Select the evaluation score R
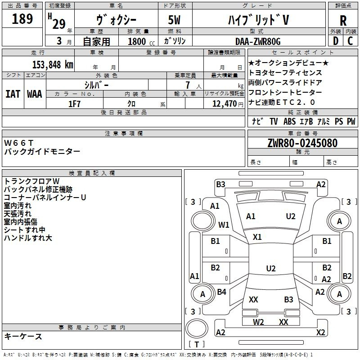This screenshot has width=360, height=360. coord(343,20)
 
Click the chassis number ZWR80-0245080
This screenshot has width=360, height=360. coord(302,144)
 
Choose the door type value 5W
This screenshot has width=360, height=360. coord(176,20)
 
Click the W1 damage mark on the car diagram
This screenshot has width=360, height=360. coord(224,225)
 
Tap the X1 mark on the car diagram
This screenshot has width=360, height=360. coord(257,237)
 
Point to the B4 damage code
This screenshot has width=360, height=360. coord(221,292)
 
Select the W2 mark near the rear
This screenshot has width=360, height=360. coord(258,322)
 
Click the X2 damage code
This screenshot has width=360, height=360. coord(320,333)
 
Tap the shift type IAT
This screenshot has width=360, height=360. coord(13,94)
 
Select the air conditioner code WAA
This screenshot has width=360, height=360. coord(35,94)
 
